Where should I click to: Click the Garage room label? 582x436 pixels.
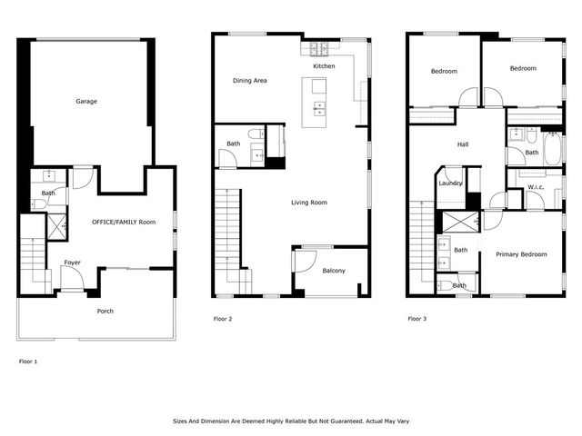click(86, 101)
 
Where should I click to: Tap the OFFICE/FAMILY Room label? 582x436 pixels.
click(123, 222)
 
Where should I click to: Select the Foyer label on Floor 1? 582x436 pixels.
click(72, 263)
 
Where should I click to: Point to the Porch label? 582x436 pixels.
click(105, 311)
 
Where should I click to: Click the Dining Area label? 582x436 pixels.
click(249, 81)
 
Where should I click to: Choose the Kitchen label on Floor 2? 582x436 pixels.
click(324, 66)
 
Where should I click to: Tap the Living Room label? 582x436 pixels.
click(309, 203)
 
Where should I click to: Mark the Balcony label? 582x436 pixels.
click(333, 270)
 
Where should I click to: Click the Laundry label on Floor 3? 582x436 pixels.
click(450, 183)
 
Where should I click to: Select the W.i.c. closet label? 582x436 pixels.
click(536, 188)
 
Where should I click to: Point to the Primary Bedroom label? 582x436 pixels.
click(521, 254)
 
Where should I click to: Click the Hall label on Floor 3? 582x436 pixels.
click(462, 144)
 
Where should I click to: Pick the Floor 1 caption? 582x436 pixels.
click(29, 361)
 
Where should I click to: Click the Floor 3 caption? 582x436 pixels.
click(416, 319)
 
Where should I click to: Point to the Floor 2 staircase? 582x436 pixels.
click(228, 241)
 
